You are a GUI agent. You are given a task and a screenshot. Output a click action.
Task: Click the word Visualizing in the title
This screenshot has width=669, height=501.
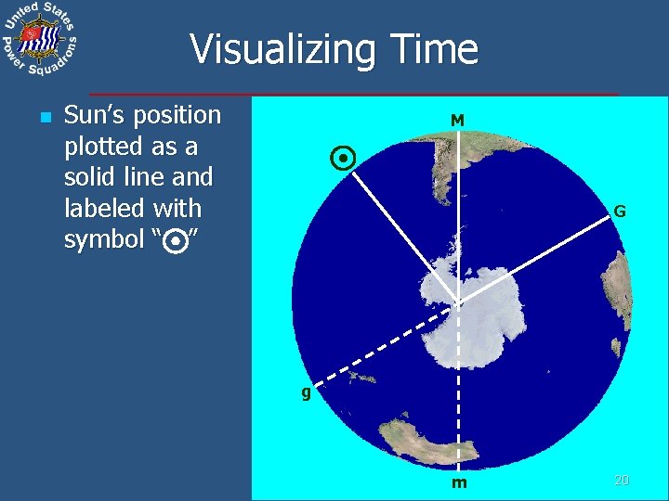(x=269, y=49)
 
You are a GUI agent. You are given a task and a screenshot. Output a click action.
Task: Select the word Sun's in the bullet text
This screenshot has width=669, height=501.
(x=97, y=116)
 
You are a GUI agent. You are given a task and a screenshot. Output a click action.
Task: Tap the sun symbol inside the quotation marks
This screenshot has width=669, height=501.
(x=173, y=242)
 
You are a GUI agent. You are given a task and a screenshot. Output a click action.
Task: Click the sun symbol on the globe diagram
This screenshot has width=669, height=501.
(x=343, y=160)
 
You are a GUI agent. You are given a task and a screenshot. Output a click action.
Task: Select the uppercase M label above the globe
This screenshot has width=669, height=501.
(x=457, y=121)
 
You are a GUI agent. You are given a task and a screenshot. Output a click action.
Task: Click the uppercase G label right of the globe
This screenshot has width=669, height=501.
(x=619, y=212)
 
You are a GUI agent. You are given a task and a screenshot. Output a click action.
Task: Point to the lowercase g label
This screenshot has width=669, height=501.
(x=305, y=392)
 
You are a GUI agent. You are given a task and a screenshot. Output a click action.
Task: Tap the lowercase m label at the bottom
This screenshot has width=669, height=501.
(x=459, y=483)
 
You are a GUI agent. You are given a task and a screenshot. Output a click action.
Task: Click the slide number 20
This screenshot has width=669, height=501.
(x=622, y=480)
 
